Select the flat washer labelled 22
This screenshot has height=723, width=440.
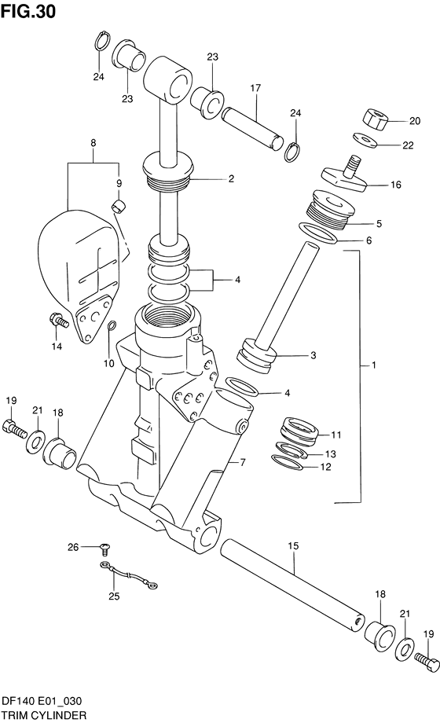[x=365, y=140]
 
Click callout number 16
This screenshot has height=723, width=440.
[x=395, y=185]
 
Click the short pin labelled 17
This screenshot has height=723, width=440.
[x=251, y=125]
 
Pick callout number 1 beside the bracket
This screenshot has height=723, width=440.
[x=374, y=365]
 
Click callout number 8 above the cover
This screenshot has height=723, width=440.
[x=93, y=143]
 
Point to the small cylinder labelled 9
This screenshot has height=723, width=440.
[x=119, y=207]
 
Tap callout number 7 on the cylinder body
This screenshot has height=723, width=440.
[x=243, y=462]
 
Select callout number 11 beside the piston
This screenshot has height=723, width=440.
[x=335, y=435]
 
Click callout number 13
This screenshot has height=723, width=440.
[x=330, y=453]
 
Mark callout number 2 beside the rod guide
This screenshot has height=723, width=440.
[x=231, y=179]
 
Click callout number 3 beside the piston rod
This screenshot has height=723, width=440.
[x=313, y=356]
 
